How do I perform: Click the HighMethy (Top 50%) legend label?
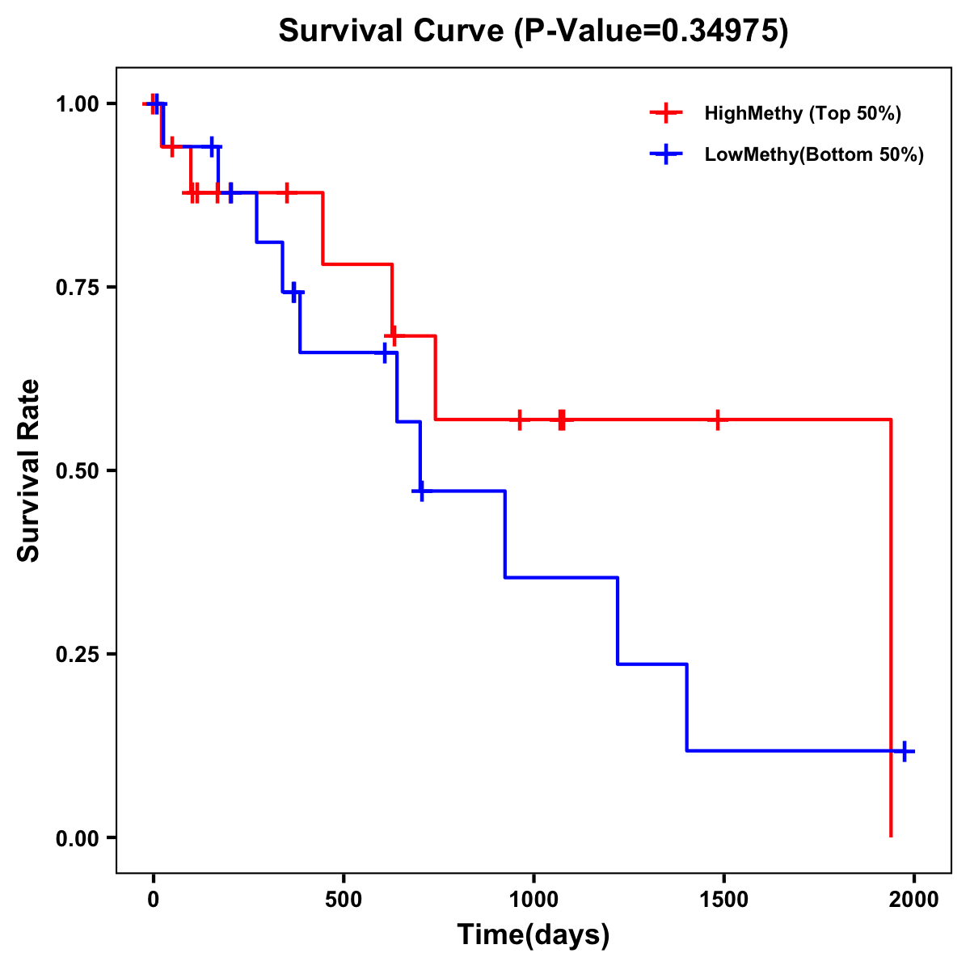click(803, 113)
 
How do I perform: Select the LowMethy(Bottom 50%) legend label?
click(814, 154)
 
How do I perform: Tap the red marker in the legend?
click(666, 113)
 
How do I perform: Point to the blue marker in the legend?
click(666, 154)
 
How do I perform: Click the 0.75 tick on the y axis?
click(77, 287)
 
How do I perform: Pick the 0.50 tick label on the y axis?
click(77, 470)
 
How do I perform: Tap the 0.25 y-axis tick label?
click(77, 654)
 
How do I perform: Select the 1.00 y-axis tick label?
click(77, 103)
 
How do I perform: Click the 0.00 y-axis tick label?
click(77, 837)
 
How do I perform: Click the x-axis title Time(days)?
click(533, 934)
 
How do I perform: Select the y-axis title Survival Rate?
click(29, 470)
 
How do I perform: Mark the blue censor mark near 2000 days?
click(905, 751)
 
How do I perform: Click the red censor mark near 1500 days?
click(717, 420)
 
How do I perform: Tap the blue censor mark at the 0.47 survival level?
click(421, 491)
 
